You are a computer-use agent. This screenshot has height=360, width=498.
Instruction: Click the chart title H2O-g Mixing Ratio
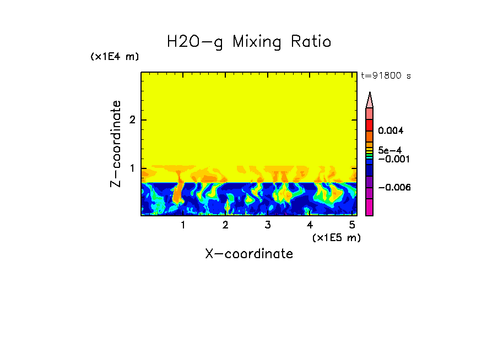(x=249, y=42)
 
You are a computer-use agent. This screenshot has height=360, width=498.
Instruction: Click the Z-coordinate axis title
(x=116, y=144)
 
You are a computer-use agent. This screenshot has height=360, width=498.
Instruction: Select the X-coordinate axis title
(x=249, y=254)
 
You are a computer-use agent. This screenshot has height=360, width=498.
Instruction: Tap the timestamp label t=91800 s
(x=386, y=76)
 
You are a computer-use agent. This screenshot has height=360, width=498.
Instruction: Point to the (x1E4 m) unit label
(x=115, y=57)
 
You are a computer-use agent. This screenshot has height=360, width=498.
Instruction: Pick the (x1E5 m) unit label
(x=336, y=237)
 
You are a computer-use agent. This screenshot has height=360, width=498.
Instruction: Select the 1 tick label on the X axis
(x=183, y=225)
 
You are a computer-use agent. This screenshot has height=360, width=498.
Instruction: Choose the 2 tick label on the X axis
(x=225, y=225)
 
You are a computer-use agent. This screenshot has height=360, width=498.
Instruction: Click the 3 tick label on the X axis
(x=267, y=225)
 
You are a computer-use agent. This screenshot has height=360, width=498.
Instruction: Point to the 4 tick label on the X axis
(x=310, y=225)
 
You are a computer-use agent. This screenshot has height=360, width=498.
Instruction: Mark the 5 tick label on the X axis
(x=351, y=225)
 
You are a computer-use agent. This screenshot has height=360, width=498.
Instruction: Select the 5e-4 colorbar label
(x=389, y=150)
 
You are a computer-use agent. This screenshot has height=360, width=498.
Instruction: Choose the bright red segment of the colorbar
(x=370, y=124)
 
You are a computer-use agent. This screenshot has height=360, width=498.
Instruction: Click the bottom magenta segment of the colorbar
(x=370, y=208)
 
